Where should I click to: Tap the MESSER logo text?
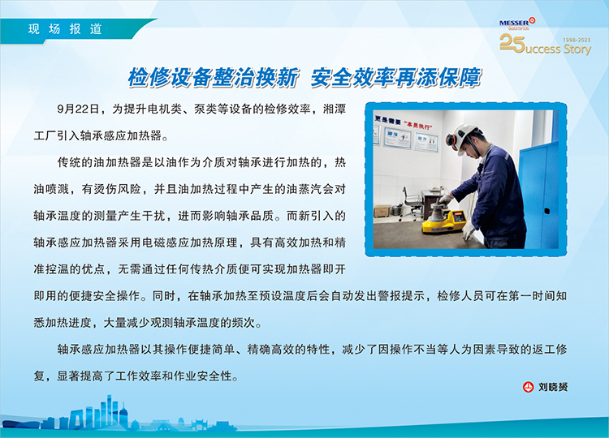click(513, 23)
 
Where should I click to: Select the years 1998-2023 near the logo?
click(577, 40)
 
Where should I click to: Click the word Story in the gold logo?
click(577, 49)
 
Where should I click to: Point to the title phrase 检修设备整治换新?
click(213, 77)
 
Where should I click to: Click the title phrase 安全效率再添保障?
click(395, 77)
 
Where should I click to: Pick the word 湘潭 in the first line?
click(334, 109)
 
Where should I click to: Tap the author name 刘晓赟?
click(553, 387)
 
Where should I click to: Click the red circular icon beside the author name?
click(528, 387)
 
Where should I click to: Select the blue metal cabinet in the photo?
click(538, 194)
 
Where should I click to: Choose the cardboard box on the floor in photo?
click(382, 212)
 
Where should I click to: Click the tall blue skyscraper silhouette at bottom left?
click(110, 410)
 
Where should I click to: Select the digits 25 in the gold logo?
click(512, 43)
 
